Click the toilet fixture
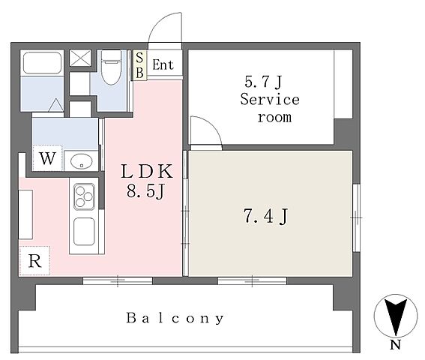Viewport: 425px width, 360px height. (111, 67)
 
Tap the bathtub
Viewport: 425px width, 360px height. (42, 63)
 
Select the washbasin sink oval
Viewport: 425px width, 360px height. (81, 160)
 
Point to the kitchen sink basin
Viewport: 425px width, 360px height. (84, 232)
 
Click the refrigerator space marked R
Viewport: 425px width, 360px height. (34, 261)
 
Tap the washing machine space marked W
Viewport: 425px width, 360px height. (47, 158)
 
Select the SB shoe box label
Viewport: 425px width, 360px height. (139, 65)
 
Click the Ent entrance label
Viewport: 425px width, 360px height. (163, 64)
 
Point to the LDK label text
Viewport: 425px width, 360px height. (147, 172)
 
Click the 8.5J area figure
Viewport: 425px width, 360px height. (145, 192)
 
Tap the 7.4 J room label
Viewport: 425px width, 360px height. (266, 216)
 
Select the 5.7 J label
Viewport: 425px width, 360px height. (263, 82)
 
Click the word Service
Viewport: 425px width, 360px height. (270, 99)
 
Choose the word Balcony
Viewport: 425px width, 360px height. (175, 318)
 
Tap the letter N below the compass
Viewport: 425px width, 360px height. (396, 345)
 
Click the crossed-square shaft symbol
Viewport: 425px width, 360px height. (80, 58)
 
